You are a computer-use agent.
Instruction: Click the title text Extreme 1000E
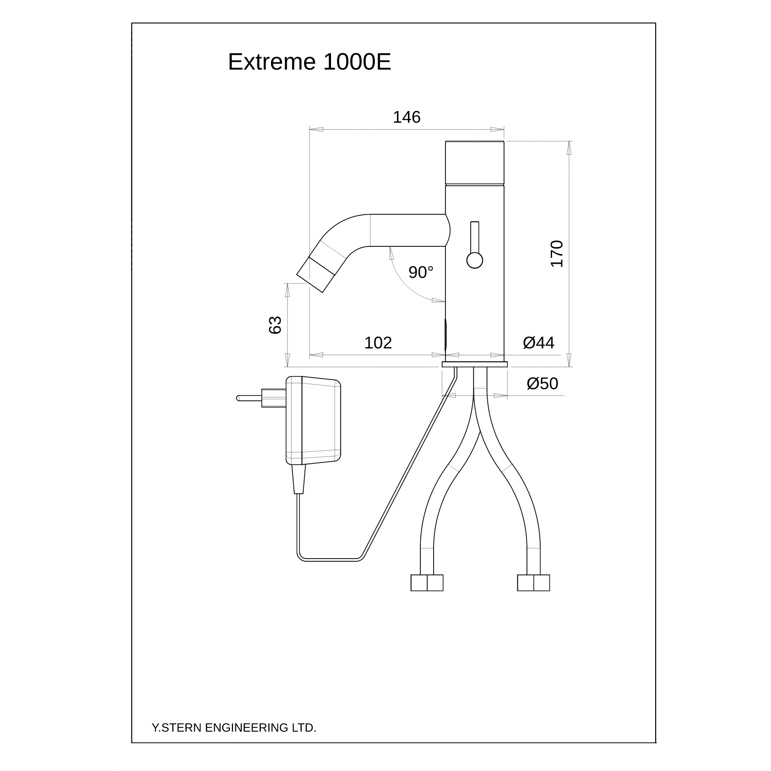pyautogui.click(x=309, y=62)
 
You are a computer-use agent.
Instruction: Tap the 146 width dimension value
pyautogui.click(x=407, y=118)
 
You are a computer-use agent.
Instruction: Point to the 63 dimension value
pyautogui.click(x=275, y=325)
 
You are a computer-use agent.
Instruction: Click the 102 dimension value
pyautogui.click(x=378, y=343)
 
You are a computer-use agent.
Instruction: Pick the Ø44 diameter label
pyautogui.click(x=538, y=342)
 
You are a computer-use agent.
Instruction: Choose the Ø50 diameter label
pyautogui.click(x=543, y=383)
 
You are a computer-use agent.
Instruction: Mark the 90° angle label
pyautogui.click(x=421, y=272)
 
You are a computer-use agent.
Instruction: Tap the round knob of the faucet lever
pyautogui.click(x=475, y=261)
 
